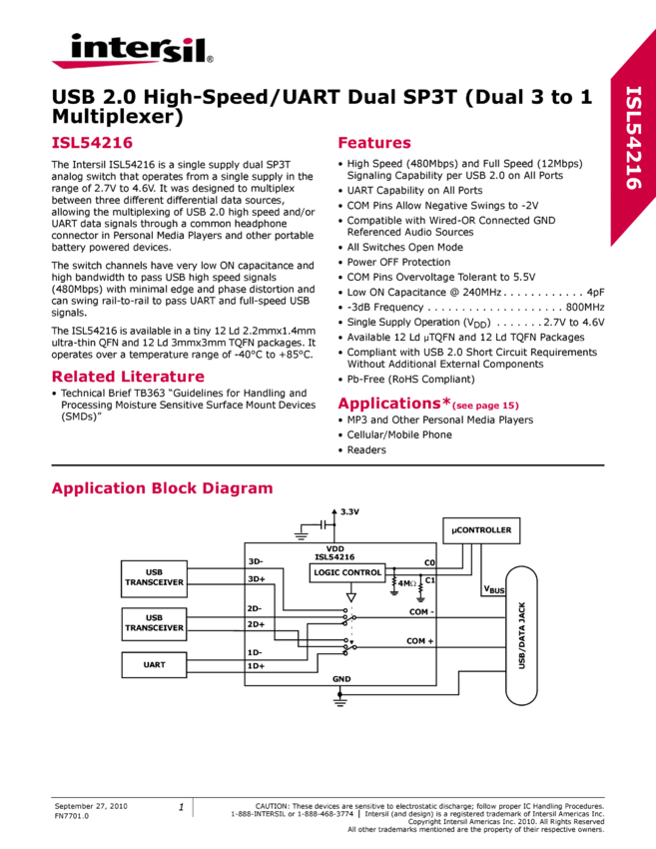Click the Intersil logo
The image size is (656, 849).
coord(132,50)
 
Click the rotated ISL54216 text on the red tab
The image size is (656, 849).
coord(633,137)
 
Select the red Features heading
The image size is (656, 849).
coord(374,143)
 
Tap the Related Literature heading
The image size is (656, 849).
coord(128,377)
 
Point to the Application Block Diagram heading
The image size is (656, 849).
coord(161,488)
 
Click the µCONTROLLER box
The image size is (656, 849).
coord(481,530)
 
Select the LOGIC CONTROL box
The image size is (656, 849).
coord(347,572)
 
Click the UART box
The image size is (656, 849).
coord(154,664)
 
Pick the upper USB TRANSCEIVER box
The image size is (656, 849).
coord(154,577)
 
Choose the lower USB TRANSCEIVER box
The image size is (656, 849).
coord(154,623)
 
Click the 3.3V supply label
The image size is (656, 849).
coord(349,511)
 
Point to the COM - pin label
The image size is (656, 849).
coord(420,611)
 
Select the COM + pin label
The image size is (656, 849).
coord(420,641)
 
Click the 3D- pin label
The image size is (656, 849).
coord(256,561)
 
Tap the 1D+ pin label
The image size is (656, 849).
coord(257,665)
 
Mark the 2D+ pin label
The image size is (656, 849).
coord(257,624)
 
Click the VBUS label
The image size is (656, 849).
coord(494,590)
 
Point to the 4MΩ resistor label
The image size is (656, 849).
coord(405,583)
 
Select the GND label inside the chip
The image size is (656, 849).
coord(340,678)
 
